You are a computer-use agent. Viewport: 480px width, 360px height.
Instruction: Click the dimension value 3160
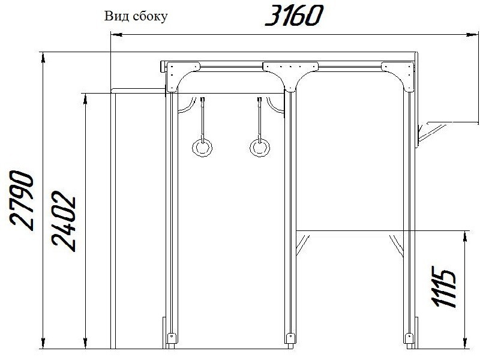click(x=294, y=16)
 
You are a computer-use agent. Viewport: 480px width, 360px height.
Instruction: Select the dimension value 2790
click(x=22, y=200)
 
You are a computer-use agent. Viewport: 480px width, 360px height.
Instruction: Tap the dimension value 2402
click(x=64, y=221)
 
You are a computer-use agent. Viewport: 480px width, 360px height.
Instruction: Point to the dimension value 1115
click(x=445, y=287)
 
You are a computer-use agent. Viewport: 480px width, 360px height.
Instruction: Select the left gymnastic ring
click(x=202, y=148)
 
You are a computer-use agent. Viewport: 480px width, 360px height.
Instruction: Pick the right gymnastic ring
click(x=260, y=148)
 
